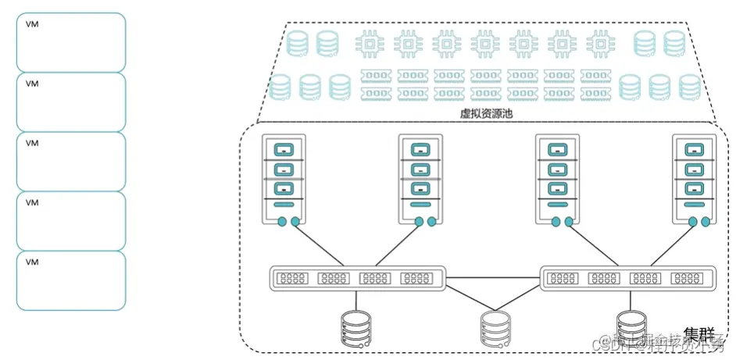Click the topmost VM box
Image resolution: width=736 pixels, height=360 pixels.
(71, 41)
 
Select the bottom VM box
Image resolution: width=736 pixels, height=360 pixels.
(71, 280)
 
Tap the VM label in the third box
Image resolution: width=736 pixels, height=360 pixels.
(33, 143)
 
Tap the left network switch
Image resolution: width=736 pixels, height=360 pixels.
(357, 278)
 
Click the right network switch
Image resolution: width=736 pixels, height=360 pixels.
(628, 278)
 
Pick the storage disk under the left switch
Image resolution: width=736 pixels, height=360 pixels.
(357, 328)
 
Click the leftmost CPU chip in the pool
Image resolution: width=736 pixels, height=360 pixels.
(370, 44)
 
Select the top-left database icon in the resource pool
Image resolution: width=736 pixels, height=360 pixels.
(297, 44)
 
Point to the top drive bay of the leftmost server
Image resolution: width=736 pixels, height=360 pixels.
(284, 149)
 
